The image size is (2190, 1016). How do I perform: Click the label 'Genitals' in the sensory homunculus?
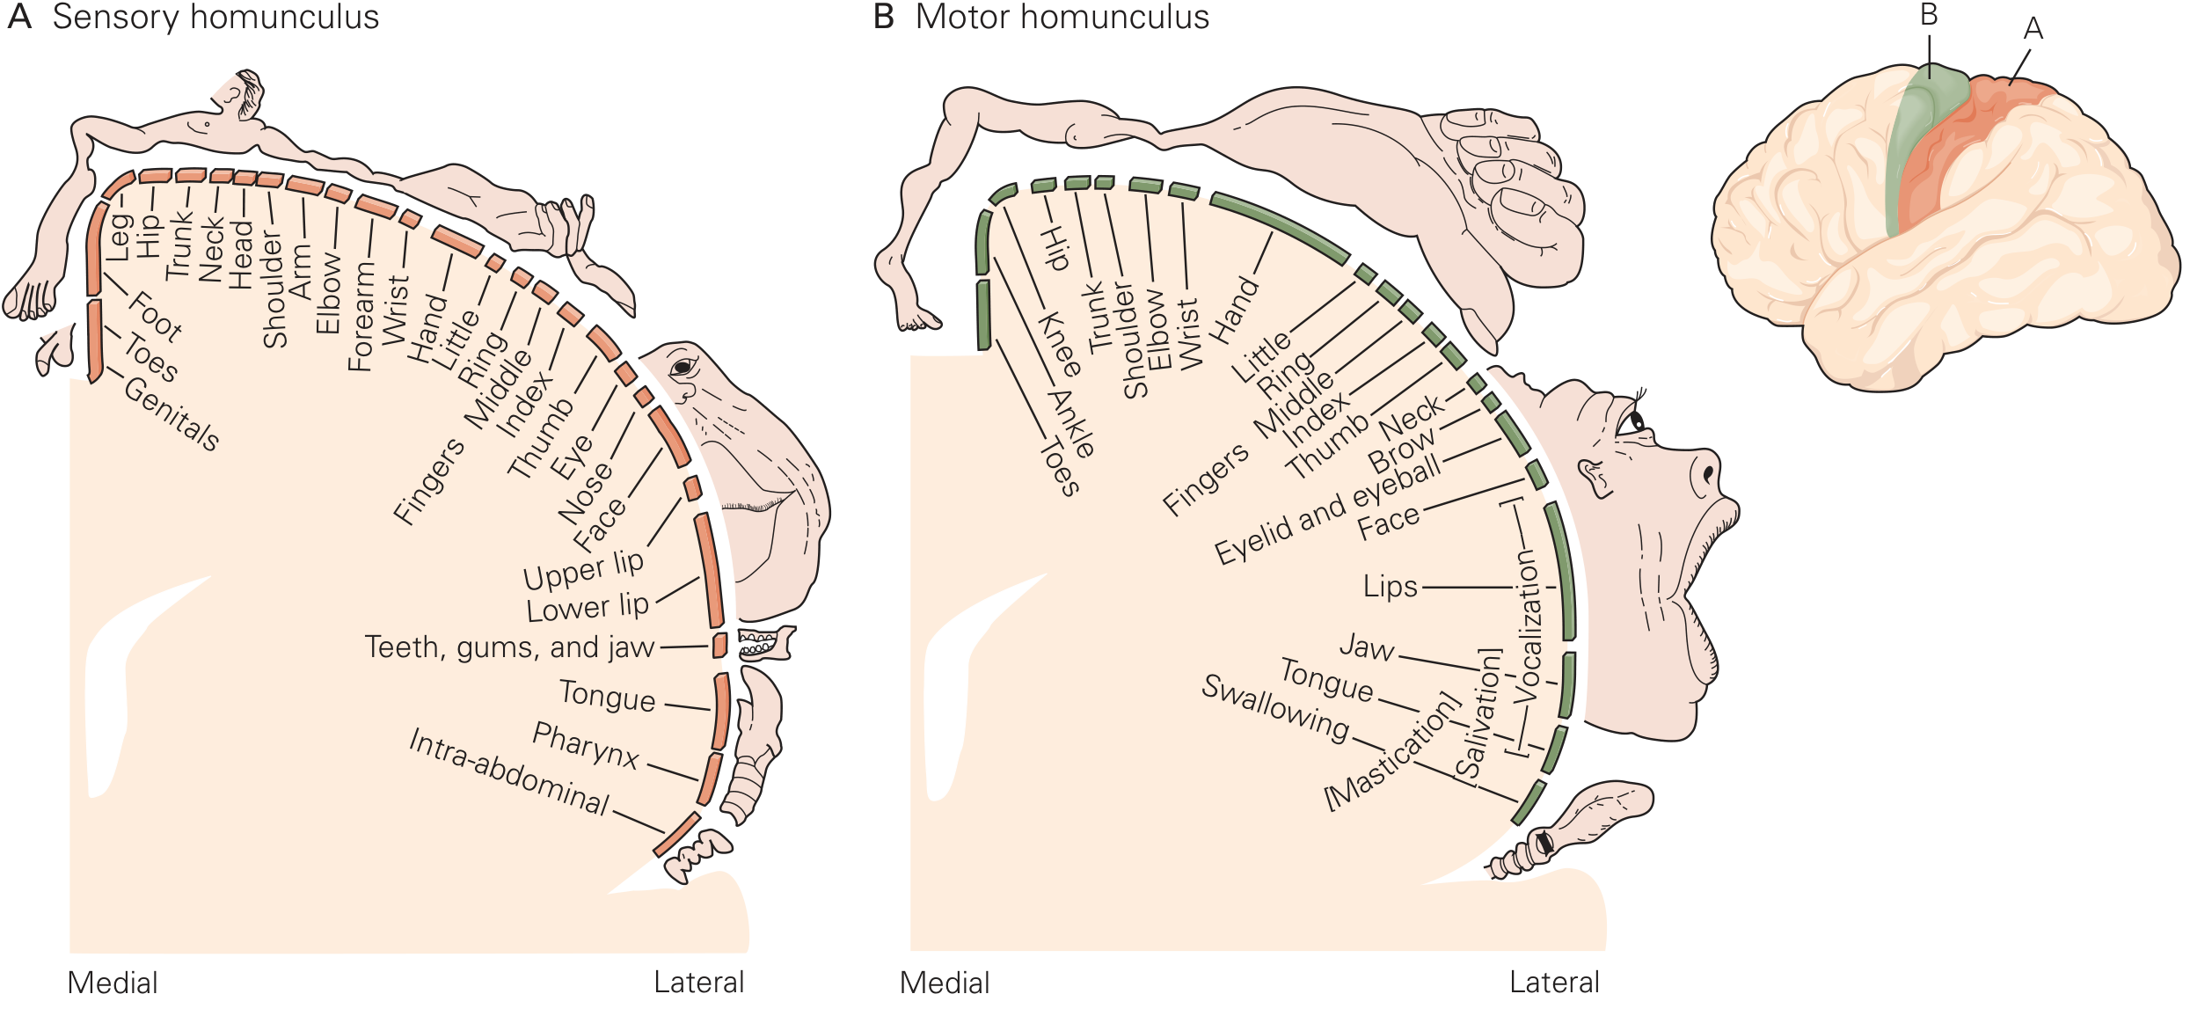point(172,413)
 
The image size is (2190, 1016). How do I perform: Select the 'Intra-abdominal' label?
point(509,772)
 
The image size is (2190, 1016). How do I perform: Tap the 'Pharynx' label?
point(586,746)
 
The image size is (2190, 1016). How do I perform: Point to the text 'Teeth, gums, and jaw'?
point(509,647)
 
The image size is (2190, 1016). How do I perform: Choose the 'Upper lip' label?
point(583,569)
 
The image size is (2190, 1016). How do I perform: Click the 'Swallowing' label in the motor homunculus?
point(1275,708)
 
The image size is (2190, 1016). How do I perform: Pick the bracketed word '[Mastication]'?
point(1393,750)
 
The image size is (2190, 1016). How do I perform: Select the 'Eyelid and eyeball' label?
point(1327,509)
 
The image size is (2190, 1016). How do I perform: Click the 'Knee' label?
point(1060,344)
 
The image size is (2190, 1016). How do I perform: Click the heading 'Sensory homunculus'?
point(216,18)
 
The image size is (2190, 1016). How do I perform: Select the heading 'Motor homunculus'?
point(1062,18)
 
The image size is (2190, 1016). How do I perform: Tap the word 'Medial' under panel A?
point(113,983)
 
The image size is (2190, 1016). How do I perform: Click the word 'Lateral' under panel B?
point(1554,983)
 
